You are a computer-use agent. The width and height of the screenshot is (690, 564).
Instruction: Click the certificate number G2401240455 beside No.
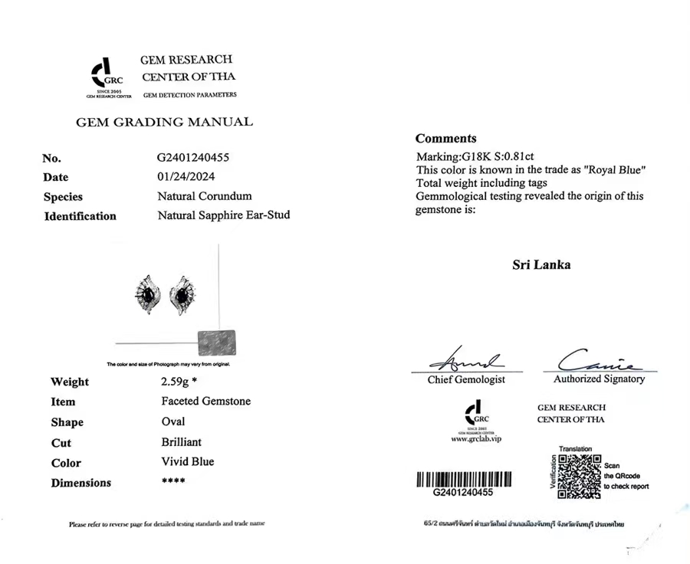pyautogui.click(x=193, y=158)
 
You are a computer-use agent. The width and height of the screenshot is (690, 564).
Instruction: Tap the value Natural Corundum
pyautogui.click(x=204, y=196)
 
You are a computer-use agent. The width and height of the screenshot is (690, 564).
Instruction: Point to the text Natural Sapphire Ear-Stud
pyautogui.click(x=223, y=215)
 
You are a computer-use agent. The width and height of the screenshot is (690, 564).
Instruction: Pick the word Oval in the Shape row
pyautogui.click(x=173, y=421)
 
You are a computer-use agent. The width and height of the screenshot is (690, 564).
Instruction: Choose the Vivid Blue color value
pyautogui.click(x=188, y=462)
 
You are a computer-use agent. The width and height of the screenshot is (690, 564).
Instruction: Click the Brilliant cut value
pyautogui.click(x=182, y=442)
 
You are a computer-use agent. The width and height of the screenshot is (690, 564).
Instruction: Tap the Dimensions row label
pyautogui.click(x=80, y=483)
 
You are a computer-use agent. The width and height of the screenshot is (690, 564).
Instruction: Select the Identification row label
pyautogui.click(x=80, y=216)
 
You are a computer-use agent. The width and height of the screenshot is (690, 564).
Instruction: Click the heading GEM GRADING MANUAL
pyautogui.click(x=163, y=122)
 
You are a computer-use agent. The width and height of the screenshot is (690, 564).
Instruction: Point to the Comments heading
pyautogui.click(x=445, y=139)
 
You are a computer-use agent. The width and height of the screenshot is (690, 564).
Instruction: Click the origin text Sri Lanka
pyautogui.click(x=540, y=265)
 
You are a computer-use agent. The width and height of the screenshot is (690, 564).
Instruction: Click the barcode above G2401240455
pyautogui.click(x=464, y=480)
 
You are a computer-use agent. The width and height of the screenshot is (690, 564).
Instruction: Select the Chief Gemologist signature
pyautogui.click(x=465, y=360)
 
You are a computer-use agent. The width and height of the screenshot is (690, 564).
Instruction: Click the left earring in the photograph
pyautogui.click(x=148, y=294)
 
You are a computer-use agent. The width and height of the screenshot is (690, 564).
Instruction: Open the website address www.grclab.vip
pyautogui.click(x=475, y=439)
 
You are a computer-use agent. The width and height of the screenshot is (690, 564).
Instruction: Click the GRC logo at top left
pyautogui.click(x=107, y=75)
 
